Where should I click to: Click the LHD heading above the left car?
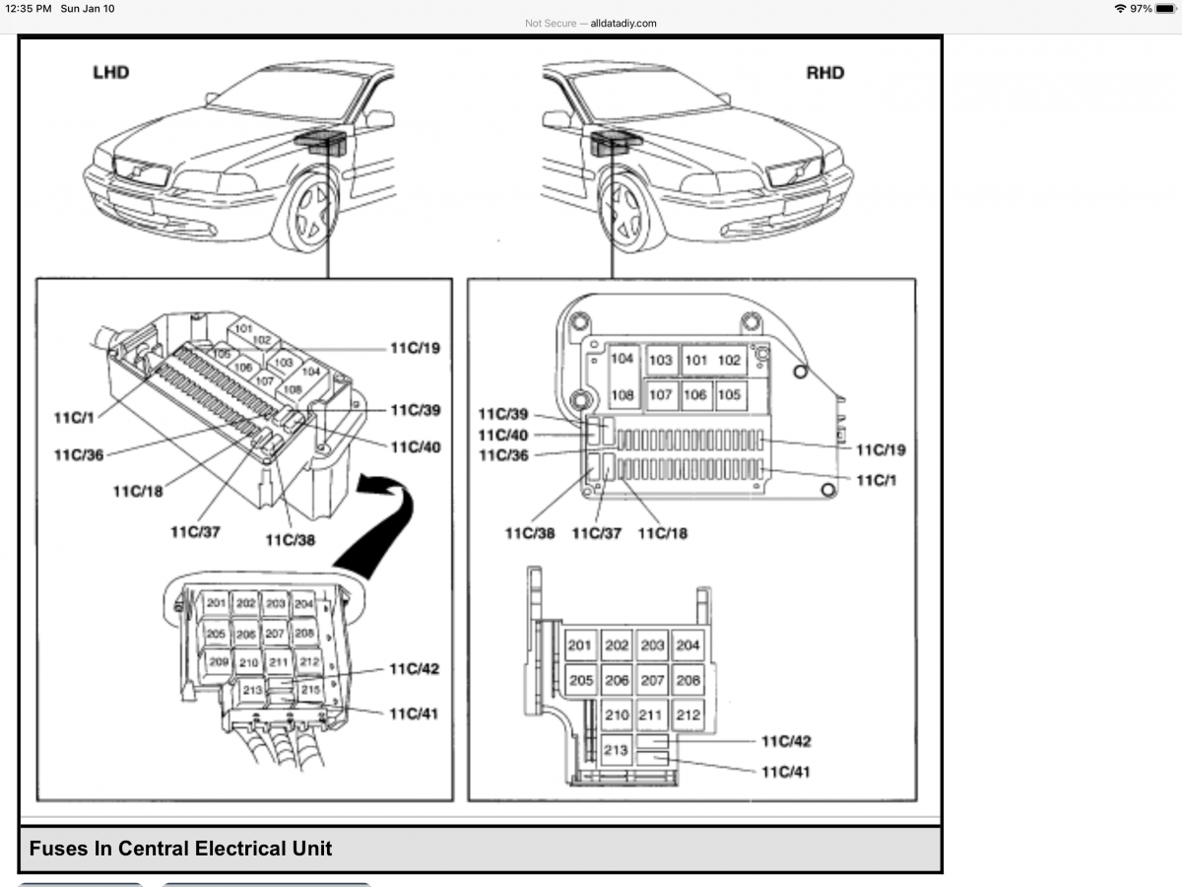pyautogui.click(x=110, y=73)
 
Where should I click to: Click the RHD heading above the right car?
pyautogui.click(x=824, y=73)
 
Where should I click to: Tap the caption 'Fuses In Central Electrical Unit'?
pyautogui.click(x=180, y=849)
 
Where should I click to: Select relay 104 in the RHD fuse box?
pyautogui.click(x=622, y=360)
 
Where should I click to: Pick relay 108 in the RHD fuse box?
pyautogui.click(x=622, y=395)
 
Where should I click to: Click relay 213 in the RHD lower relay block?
pyautogui.click(x=615, y=750)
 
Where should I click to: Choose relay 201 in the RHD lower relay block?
pyautogui.click(x=580, y=646)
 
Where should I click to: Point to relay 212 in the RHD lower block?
pyautogui.click(x=688, y=715)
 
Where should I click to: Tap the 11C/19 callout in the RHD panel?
pyautogui.click(x=880, y=450)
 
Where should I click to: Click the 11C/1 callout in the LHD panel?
pyautogui.click(x=74, y=418)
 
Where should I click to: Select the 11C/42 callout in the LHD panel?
pyautogui.click(x=414, y=669)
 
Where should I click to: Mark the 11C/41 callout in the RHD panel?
pyautogui.click(x=785, y=772)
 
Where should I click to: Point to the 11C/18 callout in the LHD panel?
pyautogui.click(x=137, y=491)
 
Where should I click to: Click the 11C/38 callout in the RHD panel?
pyautogui.click(x=530, y=533)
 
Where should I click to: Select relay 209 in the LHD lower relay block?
pyautogui.click(x=217, y=661)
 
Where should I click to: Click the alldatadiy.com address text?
pyautogui.click(x=623, y=23)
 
